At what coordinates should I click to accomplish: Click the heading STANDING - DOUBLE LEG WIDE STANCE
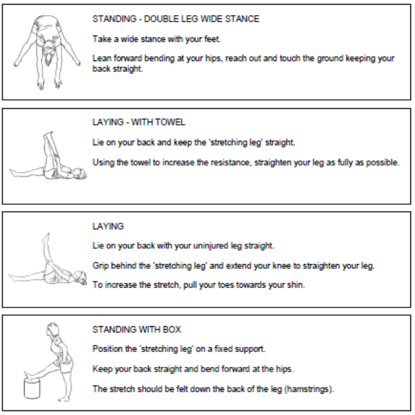[176, 19]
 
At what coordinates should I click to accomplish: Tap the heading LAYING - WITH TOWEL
[139, 122]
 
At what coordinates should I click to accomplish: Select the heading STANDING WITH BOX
[137, 330]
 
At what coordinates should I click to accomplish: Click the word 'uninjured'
[211, 246]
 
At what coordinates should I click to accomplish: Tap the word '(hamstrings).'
[309, 389]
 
